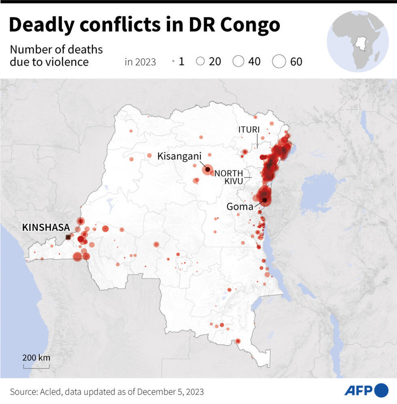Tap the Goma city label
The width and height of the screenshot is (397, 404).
(240, 207)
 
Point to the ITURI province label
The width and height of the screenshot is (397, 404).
(249, 129)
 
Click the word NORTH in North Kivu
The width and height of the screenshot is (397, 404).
(229, 173)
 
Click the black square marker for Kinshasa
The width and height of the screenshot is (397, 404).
(68, 237)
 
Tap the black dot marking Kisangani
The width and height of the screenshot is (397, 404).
(207, 170)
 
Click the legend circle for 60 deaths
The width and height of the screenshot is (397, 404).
(279, 61)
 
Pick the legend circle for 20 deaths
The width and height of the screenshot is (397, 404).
(200, 61)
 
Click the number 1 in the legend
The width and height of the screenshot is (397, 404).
(181, 61)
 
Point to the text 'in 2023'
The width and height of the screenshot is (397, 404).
(140, 62)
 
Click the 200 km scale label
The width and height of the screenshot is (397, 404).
(36, 358)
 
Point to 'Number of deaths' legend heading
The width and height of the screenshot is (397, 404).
(56, 50)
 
